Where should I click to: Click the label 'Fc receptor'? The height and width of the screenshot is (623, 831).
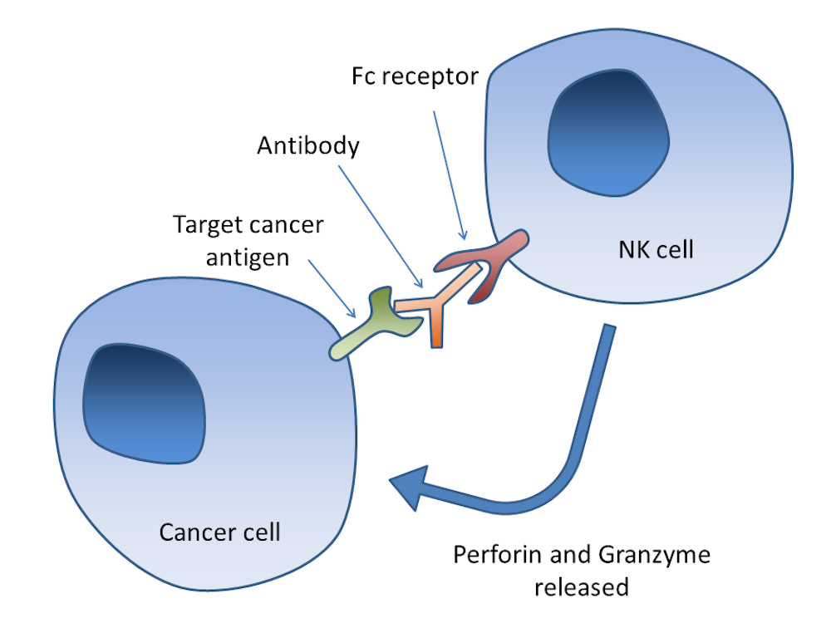[412, 77]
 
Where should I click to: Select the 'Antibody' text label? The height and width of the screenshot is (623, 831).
[308, 146]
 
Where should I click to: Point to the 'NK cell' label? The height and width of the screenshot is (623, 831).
[656, 249]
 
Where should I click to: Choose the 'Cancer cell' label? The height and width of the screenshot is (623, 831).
[219, 531]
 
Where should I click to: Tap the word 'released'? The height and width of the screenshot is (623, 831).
[581, 587]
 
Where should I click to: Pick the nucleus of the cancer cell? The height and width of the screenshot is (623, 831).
[144, 403]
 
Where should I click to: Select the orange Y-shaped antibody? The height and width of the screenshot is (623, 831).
[437, 308]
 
